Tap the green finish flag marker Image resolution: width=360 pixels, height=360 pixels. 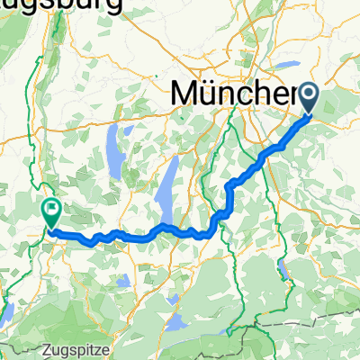[49, 213]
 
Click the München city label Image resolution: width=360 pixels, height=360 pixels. [234, 93]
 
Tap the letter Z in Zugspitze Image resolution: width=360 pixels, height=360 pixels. [46, 346]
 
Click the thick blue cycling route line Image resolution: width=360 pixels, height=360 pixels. [135, 238]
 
